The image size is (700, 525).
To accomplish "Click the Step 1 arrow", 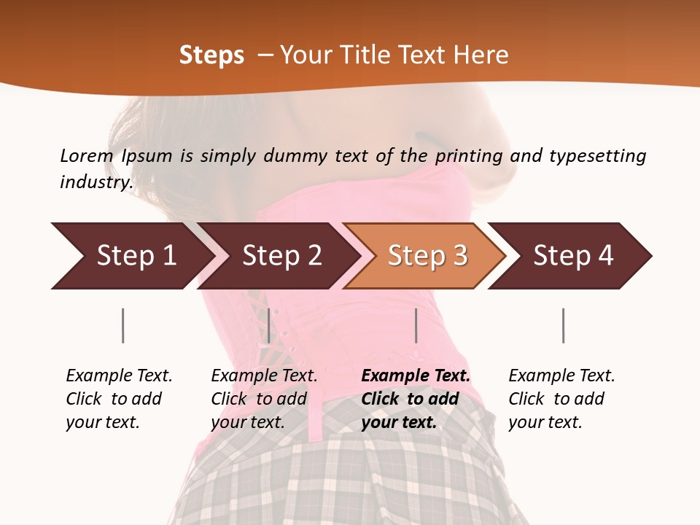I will tap(131, 256).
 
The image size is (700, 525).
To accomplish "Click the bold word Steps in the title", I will tap(211, 55).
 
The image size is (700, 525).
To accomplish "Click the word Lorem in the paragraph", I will tap(86, 155).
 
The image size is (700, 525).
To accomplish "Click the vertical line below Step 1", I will tap(122, 325).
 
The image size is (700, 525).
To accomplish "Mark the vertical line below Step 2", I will tap(269, 325).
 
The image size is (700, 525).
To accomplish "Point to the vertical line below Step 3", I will tap(416, 325).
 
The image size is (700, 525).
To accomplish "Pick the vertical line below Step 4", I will tap(563, 325).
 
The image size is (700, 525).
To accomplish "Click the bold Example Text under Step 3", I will tap(416, 376).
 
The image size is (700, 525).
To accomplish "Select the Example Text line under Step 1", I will tap(119, 376).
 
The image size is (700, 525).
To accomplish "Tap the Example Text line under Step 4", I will tap(561, 376).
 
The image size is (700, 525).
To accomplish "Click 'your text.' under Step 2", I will tap(247, 422).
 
